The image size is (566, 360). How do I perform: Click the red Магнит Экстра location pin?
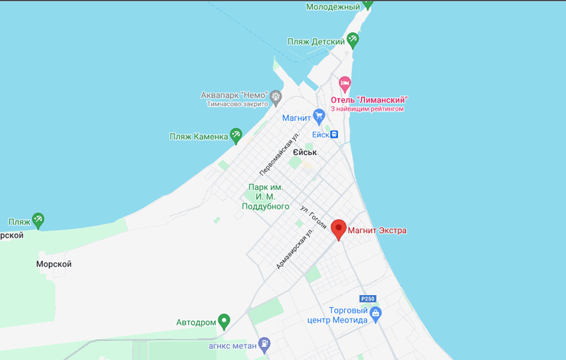(x=338, y=229)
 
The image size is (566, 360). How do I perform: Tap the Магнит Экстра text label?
(x=377, y=230)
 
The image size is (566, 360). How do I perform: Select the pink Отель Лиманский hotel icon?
(x=345, y=83)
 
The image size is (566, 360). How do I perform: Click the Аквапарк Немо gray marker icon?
(x=276, y=96)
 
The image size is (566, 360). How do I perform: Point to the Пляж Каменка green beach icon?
(x=236, y=135)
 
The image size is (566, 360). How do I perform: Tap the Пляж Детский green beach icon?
(x=353, y=40)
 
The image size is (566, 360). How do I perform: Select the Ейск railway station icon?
(x=334, y=135)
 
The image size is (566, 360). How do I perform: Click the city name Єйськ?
(x=304, y=152)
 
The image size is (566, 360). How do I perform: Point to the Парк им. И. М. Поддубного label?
(x=265, y=196)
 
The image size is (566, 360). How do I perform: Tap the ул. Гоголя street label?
(x=314, y=216)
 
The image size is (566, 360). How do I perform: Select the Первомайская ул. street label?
(x=278, y=154)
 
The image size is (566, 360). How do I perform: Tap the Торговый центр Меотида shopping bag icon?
(x=375, y=313)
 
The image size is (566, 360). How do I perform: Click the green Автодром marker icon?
(x=224, y=321)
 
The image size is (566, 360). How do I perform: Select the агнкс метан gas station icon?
(x=265, y=344)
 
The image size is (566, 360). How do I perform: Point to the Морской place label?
(x=54, y=264)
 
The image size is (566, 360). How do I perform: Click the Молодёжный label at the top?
(x=333, y=7)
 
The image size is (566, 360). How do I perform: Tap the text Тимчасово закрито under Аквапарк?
(x=237, y=104)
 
